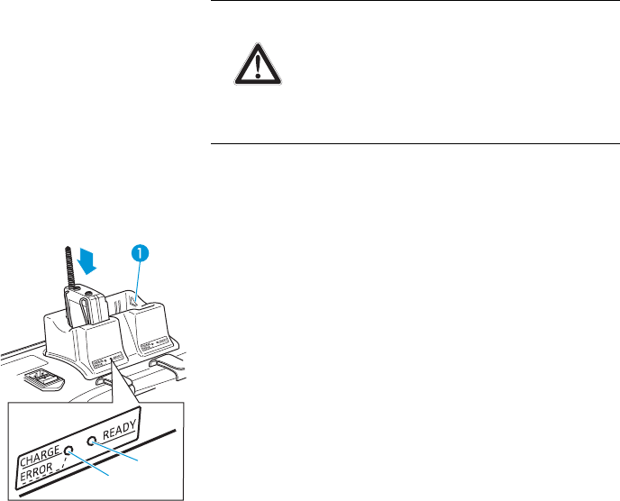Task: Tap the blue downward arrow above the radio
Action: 87,260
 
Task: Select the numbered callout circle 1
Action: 141,255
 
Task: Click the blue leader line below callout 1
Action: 137,279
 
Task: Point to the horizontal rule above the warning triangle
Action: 415,1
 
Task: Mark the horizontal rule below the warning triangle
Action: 415,143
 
